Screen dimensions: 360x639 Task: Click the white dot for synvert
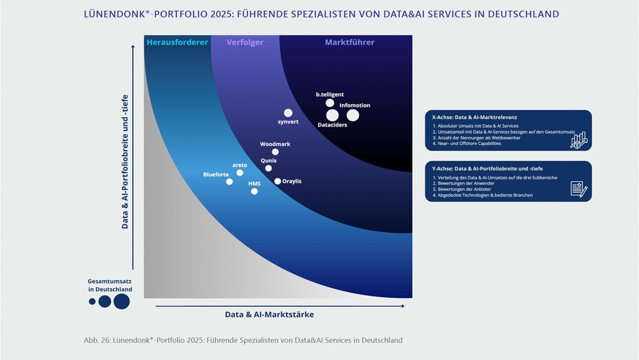(288, 113)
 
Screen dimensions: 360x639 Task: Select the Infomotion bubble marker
(353, 115)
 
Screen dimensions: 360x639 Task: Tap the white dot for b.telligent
(330, 103)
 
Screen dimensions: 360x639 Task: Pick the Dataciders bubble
(332, 115)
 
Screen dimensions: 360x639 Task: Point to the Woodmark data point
(275, 152)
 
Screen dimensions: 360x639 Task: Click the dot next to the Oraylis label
(277, 181)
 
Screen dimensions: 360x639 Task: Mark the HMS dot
(254, 191)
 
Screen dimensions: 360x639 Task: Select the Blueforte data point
(230, 182)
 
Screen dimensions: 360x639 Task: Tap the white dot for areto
(240, 173)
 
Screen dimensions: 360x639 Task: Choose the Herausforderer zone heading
(177, 42)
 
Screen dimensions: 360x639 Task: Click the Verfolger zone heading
(245, 42)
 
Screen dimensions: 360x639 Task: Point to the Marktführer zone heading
(350, 42)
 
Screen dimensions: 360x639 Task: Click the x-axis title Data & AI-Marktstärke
(269, 315)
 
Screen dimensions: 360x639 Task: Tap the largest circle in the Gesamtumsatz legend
(122, 301)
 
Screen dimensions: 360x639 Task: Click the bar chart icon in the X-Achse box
(578, 140)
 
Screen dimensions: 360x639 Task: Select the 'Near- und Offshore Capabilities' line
(466, 143)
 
